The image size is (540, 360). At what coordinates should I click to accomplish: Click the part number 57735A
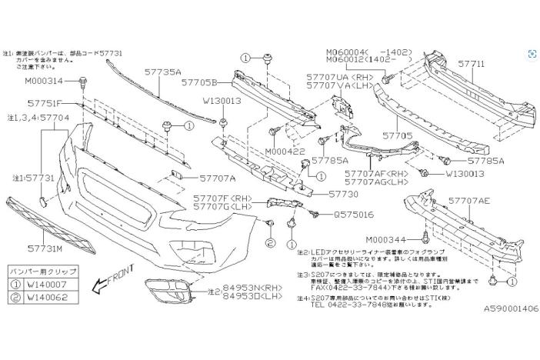(x=162, y=72)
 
